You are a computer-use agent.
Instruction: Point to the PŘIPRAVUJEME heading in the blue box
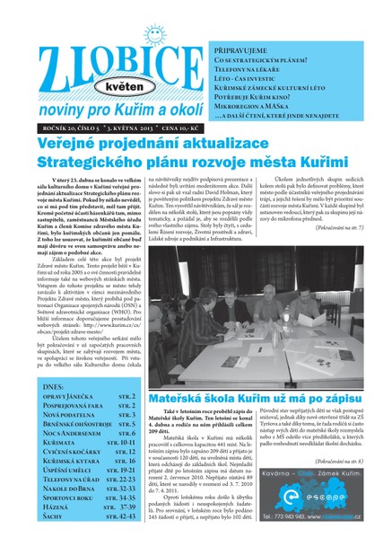click(x=245, y=52)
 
